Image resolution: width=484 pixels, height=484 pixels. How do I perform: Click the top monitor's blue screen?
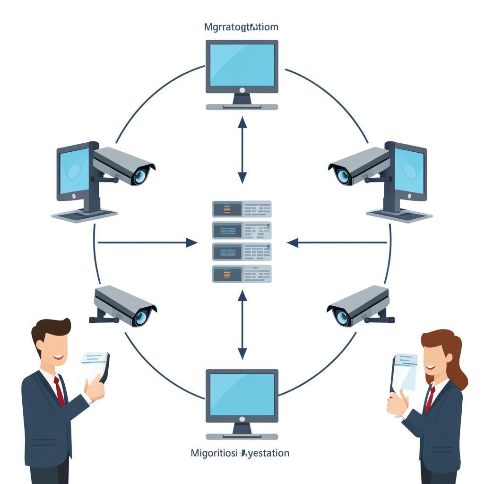tap(242, 64)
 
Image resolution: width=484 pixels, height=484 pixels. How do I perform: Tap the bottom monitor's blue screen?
tap(242, 394)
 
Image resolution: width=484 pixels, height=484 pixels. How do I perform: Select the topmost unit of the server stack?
tap(242, 208)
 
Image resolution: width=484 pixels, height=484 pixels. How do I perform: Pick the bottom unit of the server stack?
tap(242, 274)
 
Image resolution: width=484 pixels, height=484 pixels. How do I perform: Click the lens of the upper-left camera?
tap(140, 176)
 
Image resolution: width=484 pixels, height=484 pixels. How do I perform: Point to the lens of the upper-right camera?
tap(343, 176)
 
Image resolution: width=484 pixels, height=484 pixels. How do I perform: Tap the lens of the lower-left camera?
tap(141, 317)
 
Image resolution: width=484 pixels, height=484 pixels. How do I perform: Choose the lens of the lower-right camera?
tap(342, 316)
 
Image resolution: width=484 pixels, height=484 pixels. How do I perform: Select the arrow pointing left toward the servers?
tap(337, 242)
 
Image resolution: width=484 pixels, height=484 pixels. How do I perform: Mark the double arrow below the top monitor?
tap(242, 150)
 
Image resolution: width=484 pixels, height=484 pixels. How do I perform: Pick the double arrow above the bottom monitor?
tap(242, 325)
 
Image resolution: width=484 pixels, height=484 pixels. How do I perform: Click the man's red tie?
tap(59, 391)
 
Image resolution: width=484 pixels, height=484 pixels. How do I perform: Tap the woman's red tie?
tap(430, 399)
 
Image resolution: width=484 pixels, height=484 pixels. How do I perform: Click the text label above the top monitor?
tap(241, 27)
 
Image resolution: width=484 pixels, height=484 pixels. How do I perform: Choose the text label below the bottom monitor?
tap(240, 453)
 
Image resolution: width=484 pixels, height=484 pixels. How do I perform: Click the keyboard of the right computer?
tap(399, 215)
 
